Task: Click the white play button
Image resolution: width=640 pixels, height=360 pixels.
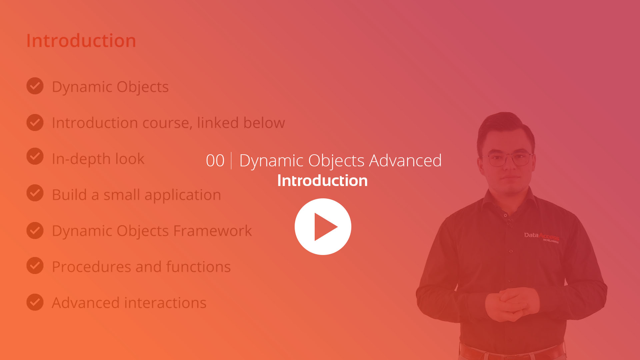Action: (x=323, y=227)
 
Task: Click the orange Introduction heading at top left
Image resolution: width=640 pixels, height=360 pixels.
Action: (x=81, y=41)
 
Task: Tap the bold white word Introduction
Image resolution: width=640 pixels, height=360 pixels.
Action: (x=322, y=180)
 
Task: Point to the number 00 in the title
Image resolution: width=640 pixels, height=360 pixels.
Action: (x=215, y=161)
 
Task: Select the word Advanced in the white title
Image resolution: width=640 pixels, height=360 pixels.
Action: (x=405, y=160)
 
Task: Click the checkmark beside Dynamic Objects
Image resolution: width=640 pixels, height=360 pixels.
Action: (x=35, y=86)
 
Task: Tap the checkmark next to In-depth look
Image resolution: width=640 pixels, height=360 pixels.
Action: (x=35, y=156)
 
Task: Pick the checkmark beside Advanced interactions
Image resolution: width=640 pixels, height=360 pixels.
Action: (x=35, y=302)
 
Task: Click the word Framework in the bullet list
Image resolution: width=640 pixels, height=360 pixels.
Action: (x=213, y=231)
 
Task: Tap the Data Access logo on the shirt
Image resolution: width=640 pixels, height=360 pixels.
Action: (x=542, y=237)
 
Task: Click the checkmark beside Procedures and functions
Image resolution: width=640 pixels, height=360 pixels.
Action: (x=35, y=265)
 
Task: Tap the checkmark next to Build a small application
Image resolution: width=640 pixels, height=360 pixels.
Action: (x=35, y=193)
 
